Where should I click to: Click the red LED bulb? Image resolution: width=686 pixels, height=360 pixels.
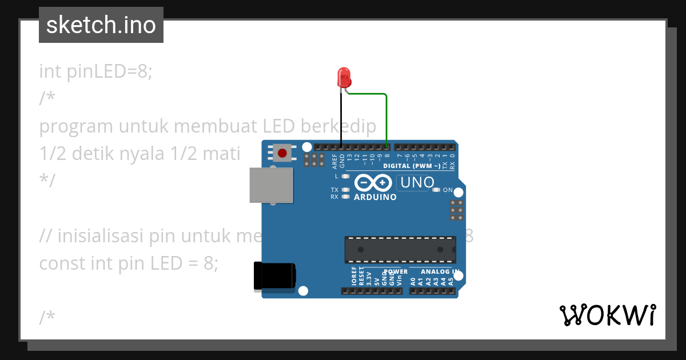[344, 76]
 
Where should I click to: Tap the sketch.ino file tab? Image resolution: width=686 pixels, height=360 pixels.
[101, 25]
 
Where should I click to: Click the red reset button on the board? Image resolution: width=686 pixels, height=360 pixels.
[282, 153]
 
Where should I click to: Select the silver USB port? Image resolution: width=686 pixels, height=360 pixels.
[271, 185]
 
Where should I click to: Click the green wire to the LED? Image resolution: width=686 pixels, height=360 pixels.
[386, 114]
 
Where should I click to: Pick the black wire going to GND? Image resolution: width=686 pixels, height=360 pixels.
[341, 120]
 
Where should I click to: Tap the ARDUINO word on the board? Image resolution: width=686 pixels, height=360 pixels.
[375, 197]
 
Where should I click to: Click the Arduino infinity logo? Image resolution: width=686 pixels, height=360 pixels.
[373, 183]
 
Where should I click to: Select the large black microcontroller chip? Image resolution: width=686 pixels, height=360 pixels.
[400, 250]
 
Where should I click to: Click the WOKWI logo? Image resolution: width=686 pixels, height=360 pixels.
[607, 315]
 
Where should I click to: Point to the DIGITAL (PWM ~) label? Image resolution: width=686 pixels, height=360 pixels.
[412, 166]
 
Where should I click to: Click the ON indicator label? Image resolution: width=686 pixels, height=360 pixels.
[448, 190]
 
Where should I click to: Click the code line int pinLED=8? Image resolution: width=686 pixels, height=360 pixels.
[96, 71]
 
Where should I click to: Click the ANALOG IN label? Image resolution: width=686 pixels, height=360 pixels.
[440, 272]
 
